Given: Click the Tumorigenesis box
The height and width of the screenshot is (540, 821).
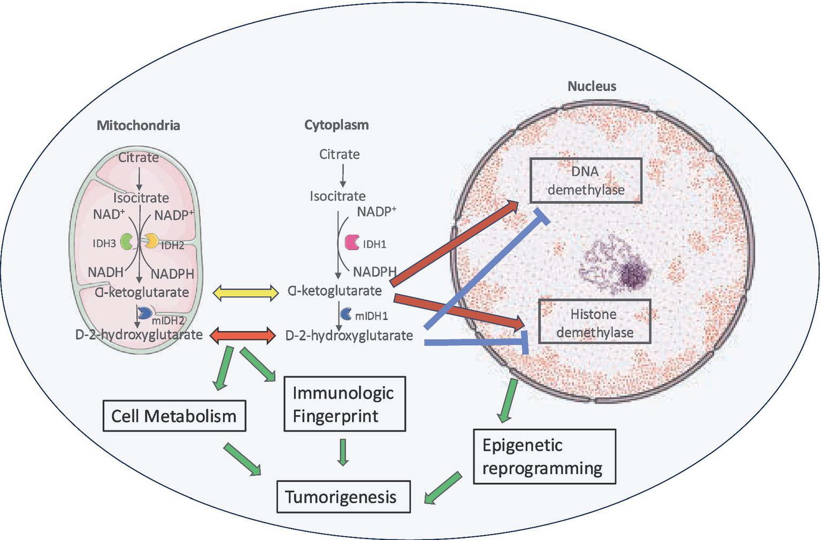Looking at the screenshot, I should (x=343, y=497).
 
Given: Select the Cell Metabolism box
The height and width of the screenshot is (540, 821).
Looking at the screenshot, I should (x=174, y=416).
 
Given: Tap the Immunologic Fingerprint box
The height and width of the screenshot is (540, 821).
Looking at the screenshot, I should (x=344, y=404).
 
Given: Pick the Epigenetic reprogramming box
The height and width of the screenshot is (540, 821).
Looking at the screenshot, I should (x=544, y=457).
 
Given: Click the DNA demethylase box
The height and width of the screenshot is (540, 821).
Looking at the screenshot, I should (x=586, y=181).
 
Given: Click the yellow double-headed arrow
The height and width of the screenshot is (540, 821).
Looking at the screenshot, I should (x=245, y=292).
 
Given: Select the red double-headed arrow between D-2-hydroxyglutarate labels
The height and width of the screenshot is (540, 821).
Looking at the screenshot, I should (x=243, y=336).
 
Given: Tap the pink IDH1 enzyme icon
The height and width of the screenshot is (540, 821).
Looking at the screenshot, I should (x=352, y=242).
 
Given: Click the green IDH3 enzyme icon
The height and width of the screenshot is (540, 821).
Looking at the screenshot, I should (x=127, y=242).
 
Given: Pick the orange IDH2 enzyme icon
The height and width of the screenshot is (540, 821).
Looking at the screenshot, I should (x=152, y=241).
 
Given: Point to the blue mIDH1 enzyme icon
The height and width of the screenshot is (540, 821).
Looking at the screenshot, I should (x=346, y=314).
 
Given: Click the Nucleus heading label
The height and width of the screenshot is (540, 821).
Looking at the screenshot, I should (x=592, y=86).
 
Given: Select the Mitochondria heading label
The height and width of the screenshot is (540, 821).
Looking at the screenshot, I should (x=138, y=125).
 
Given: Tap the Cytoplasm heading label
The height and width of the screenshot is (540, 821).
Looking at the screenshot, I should (x=336, y=125).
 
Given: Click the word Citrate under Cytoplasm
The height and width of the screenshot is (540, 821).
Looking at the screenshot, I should (x=339, y=154).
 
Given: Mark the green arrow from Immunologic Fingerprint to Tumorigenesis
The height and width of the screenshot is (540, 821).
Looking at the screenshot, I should (x=343, y=452).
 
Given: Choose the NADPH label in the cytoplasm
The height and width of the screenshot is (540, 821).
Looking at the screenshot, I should (x=374, y=271).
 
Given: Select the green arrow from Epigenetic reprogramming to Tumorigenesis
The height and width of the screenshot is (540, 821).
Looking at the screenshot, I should (x=443, y=488).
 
